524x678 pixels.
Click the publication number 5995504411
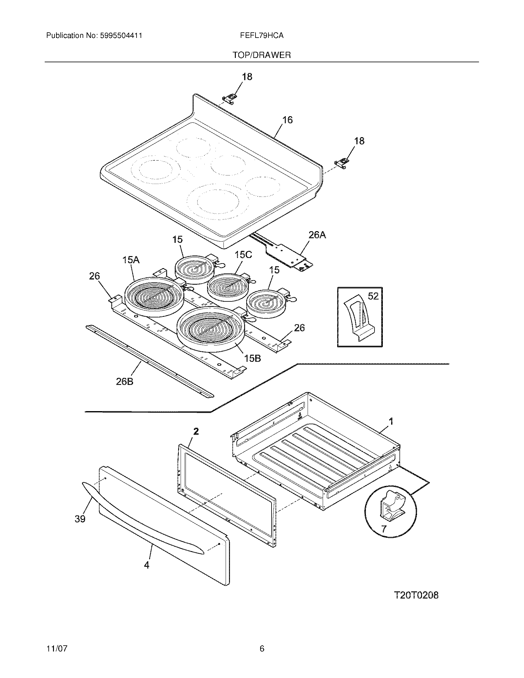tap(121, 36)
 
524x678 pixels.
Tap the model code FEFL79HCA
tap(261, 36)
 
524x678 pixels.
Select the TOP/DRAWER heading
tap(262, 55)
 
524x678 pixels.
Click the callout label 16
tap(288, 120)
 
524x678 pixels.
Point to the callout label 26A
tap(317, 235)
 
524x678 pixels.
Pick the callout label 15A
tap(131, 259)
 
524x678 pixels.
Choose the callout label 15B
tap(252, 358)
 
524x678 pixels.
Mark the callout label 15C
tap(243, 255)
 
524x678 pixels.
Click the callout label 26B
tap(125, 382)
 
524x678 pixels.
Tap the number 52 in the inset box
tap(373, 296)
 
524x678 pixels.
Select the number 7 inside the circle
tap(384, 529)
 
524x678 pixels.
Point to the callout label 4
tap(146, 565)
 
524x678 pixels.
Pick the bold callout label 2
tap(196, 431)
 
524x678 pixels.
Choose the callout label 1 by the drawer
tap(391, 421)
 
